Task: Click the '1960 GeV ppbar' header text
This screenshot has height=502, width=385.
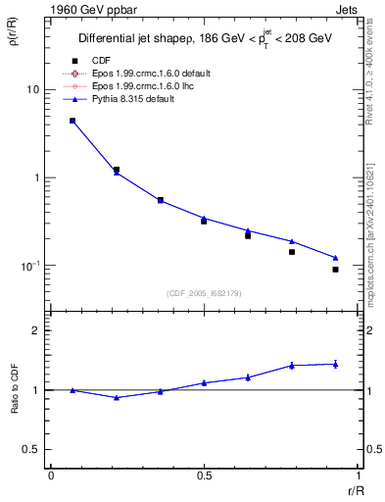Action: [83, 9]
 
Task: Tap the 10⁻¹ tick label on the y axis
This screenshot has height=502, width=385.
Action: [29, 266]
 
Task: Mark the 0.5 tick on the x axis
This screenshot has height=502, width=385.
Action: [204, 476]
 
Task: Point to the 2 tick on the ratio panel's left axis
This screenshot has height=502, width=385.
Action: [35, 330]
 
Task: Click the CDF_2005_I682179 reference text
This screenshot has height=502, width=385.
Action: [204, 293]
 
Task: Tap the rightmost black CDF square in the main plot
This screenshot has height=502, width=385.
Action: [335, 269]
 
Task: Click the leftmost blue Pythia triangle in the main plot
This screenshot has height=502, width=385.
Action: [72, 121]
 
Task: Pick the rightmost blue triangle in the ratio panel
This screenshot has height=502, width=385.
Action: [335, 364]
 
